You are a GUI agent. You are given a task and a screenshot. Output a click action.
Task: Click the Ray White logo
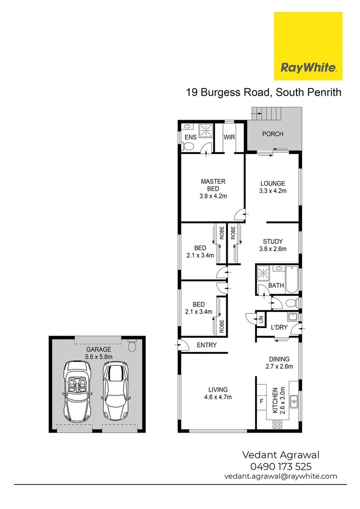(x=308, y=46)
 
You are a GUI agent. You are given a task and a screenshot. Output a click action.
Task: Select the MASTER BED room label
(x=213, y=189)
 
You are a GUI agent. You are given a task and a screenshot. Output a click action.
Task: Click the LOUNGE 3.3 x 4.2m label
(x=273, y=187)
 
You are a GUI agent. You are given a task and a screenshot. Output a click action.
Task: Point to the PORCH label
(x=273, y=134)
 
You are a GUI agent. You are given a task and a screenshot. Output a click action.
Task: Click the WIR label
(x=229, y=138)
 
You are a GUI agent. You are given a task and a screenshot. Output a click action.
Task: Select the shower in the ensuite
(x=205, y=130)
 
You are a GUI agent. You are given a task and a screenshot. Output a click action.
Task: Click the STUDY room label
(x=273, y=246)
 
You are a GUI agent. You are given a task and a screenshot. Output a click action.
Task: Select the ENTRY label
(x=206, y=345)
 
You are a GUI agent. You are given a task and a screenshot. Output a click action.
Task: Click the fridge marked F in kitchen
(x=262, y=402)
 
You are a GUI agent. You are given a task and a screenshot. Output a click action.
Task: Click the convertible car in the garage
(x=76, y=391)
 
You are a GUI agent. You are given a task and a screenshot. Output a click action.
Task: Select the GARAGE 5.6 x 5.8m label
(x=98, y=353)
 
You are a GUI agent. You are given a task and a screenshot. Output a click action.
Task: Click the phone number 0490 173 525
(x=280, y=467)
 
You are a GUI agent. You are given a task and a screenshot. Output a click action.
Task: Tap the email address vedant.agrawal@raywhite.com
(x=280, y=476)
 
